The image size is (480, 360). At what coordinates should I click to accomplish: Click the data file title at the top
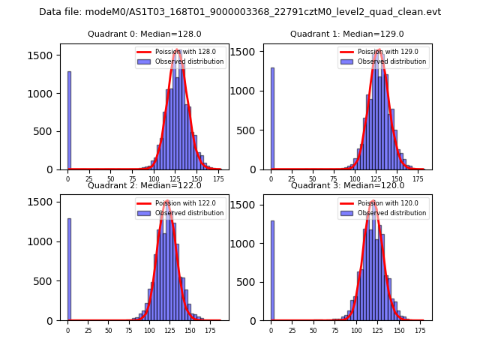[x=240, y=12]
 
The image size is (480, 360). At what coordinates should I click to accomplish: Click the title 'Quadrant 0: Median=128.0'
[x=144, y=34]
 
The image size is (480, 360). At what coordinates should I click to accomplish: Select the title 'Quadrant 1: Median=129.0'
[x=346, y=34]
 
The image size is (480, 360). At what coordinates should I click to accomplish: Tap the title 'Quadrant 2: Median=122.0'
[x=144, y=185]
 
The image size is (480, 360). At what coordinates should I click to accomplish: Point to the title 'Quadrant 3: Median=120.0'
[x=346, y=185]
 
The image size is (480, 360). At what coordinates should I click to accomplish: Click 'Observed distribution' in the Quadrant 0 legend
[x=194, y=61]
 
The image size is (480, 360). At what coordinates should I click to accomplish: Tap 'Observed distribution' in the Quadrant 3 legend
[x=397, y=213]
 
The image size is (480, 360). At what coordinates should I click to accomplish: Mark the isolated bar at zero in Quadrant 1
[x=272, y=118]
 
